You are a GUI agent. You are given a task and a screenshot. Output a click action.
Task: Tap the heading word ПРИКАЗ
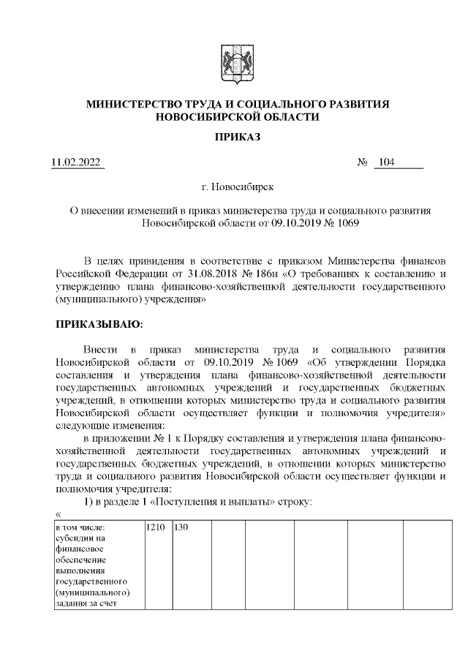click(x=233, y=137)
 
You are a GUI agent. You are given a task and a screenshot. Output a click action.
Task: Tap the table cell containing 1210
click(x=156, y=527)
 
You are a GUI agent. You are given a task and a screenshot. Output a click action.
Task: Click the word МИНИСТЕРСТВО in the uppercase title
click(x=140, y=105)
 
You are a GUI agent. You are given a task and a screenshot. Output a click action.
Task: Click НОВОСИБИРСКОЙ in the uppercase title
click(x=203, y=117)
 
